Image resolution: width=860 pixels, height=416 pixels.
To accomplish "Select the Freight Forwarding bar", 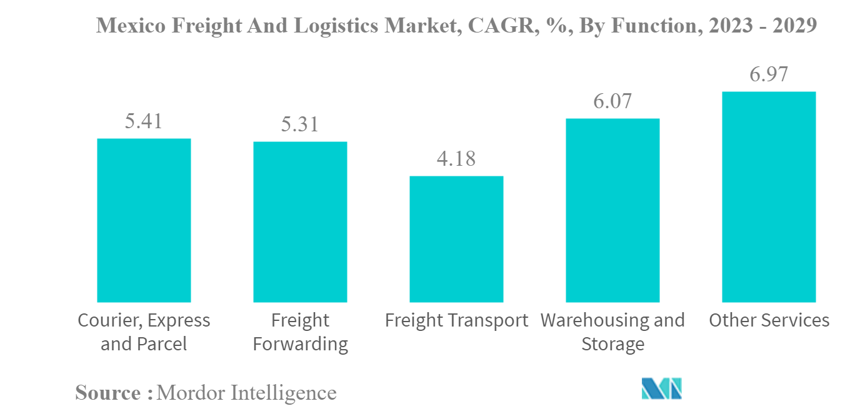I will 300,222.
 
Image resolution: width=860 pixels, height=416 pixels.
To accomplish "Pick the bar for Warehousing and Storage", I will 612,210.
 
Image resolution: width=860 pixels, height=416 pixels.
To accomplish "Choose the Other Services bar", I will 769,197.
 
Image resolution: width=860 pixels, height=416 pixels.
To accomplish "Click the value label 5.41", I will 144,121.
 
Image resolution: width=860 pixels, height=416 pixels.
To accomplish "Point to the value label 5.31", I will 300,124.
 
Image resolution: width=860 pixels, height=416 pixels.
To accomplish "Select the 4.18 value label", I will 456,159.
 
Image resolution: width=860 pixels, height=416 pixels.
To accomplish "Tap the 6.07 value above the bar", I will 612,101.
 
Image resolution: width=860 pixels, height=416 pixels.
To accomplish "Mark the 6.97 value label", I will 769,74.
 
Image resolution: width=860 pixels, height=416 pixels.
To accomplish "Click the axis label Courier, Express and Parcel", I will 144,332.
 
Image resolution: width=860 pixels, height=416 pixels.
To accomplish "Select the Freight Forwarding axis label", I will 300,332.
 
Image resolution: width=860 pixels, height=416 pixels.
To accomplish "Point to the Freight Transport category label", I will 456,321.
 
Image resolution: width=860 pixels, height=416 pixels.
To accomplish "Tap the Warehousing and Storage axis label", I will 612,332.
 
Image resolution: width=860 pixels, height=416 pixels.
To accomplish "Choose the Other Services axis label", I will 769,321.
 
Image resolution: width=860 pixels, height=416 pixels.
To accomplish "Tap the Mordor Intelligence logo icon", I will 661,388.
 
